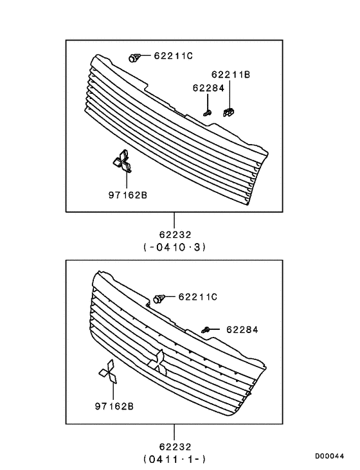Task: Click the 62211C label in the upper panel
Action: pos(173,56)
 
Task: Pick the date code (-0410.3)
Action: pos(174,246)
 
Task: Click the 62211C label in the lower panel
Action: pos(197,296)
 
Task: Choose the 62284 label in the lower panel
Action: pos(242,329)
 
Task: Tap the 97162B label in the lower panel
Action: pos(114,406)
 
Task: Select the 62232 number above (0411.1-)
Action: pos(174,446)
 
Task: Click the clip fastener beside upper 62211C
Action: pos(134,57)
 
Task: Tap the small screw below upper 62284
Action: pos(208,113)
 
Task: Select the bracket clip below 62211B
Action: pos(228,113)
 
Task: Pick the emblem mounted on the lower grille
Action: pos(157,363)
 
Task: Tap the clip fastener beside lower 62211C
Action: pos(160,298)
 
